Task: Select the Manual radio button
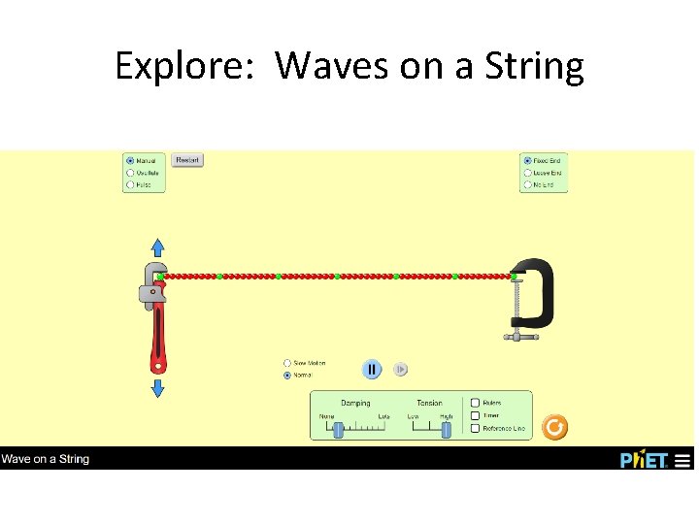click(130, 161)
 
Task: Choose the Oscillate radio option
click(130, 173)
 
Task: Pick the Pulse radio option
click(130, 184)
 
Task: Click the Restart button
click(187, 160)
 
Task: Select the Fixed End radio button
click(527, 161)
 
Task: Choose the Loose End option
click(527, 173)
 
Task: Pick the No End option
click(527, 184)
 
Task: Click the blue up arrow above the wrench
click(157, 247)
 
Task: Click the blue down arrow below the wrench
click(157, 387)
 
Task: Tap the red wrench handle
click(157, 340)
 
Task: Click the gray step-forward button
click(400, 370)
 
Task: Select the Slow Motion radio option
click(287, 364)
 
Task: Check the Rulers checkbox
click(475, 403)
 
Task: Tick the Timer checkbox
click(475, 415)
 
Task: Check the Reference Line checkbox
click(475, 428)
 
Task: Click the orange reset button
click(553, 427)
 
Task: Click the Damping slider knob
click(338, 429)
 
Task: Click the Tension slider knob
click(446, 429)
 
